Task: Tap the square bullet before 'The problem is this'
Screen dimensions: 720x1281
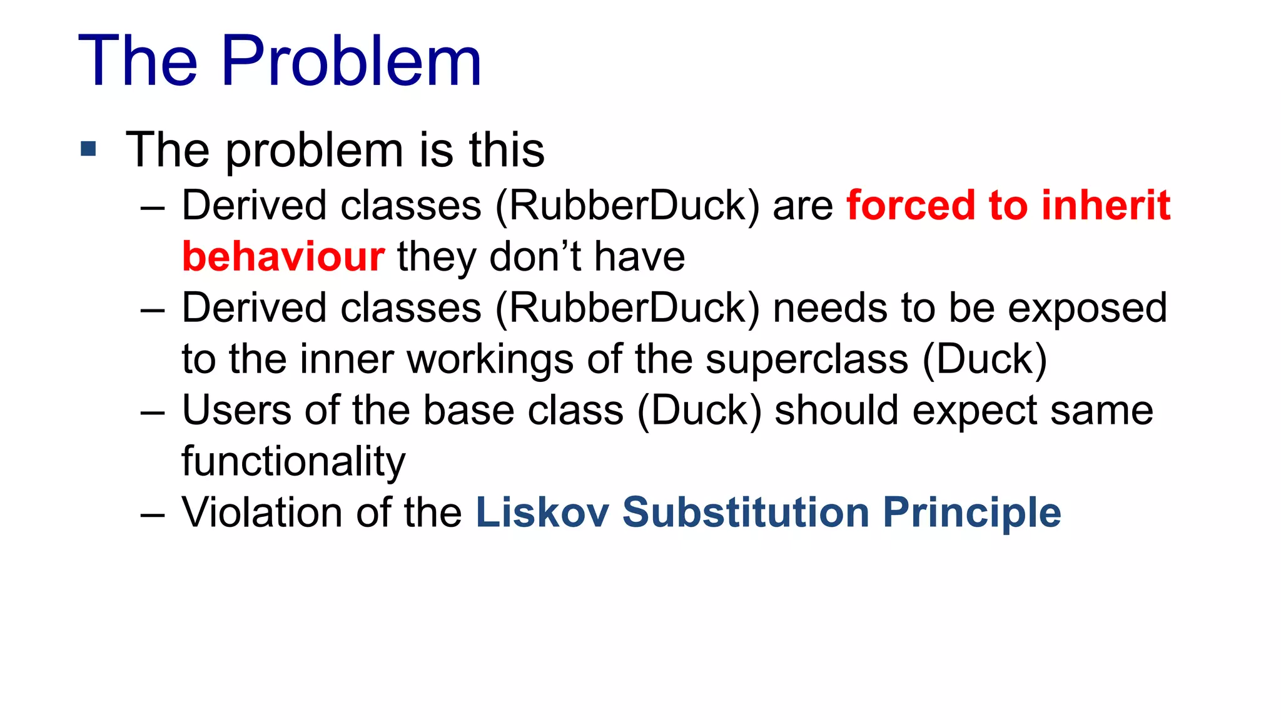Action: tap(89, 149)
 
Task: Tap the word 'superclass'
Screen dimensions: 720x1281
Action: tap(807, 359)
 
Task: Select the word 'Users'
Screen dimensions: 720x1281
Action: tap(236, 411)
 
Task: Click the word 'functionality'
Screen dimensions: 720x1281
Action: tap(293, 462)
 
